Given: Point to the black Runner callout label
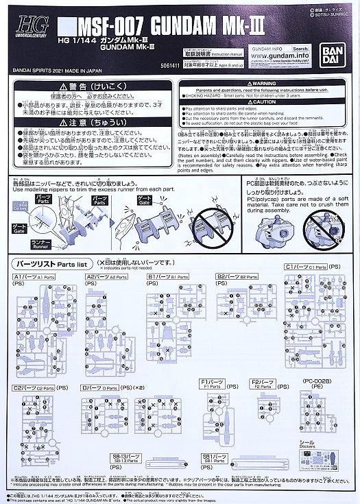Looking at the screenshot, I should pyautogui.click(x=40, y=244).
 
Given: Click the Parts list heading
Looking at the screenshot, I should pyautogui.click(x=55, y=263).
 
